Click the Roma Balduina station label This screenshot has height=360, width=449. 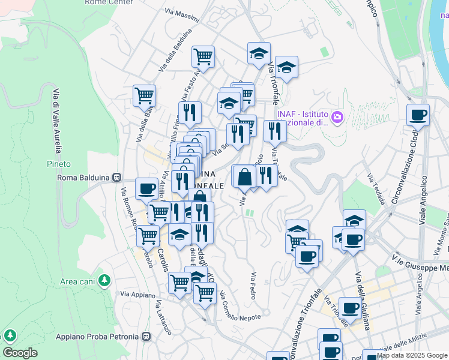tap(85, 178)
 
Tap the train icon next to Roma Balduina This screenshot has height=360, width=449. tap(119, 178)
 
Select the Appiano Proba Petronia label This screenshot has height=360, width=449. tap(98, 337)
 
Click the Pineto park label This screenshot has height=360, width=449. tap(59, 164)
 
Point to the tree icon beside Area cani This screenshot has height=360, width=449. tap(105, 280)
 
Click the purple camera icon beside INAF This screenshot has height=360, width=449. tap(337, 116)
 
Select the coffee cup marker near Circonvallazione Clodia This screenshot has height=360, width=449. tap(418, 115)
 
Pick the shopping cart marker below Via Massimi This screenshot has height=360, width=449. tap(203, 57)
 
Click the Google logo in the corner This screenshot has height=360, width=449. tap(20, 353)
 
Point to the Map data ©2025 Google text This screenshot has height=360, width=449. tap(412, 356)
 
